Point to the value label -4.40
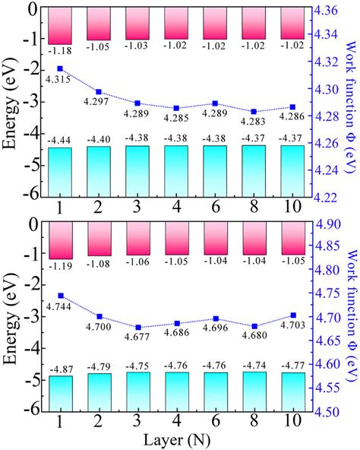coord(98,139)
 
